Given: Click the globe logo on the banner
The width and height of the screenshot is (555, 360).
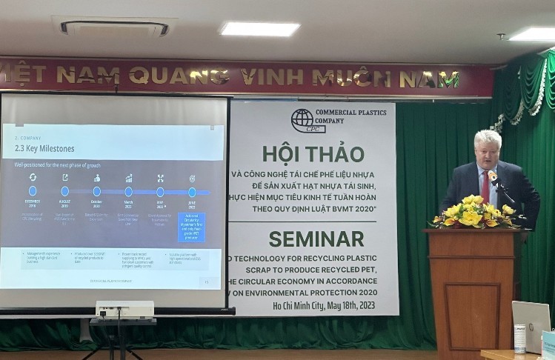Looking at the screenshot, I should (x=302, y=120).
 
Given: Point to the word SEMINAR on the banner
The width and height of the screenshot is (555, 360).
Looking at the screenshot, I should (x=316, y=239).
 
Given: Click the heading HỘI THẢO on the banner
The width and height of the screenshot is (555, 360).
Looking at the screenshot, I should (x=313, y=153).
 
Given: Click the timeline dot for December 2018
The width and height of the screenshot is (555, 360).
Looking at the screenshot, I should (x=33, y=191).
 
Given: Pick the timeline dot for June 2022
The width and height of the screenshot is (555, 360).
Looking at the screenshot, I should (x=192, y=192).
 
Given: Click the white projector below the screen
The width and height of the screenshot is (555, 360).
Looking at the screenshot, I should (x=124, y=308).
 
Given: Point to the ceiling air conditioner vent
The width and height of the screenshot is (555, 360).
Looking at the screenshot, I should (x=114, y=28).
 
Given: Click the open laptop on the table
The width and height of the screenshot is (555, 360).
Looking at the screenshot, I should (x=531, y=326).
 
